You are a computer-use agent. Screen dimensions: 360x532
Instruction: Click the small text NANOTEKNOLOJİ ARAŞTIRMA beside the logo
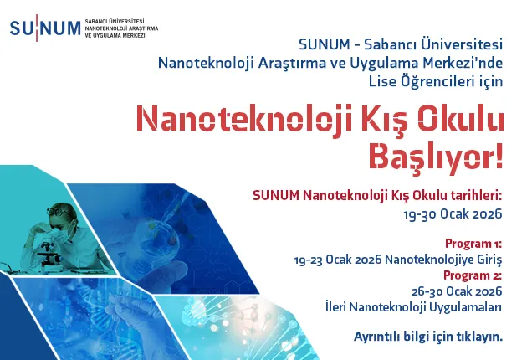120,28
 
